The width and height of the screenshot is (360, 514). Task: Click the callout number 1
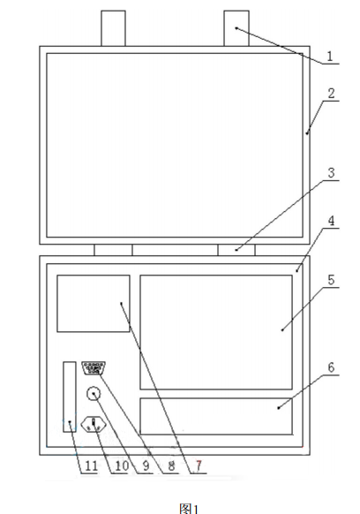click(x=330, y=56)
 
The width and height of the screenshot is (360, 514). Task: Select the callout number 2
click(x=331, y=94)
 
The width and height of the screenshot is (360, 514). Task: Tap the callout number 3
click(x=331, y=172)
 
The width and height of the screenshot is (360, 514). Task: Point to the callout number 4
click(x=331, y=221)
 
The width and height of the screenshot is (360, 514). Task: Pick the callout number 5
click(x=331, y=280)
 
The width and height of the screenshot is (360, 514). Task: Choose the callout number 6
click(x=331, y=367)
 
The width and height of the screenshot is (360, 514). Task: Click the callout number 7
click(x=199, y=465)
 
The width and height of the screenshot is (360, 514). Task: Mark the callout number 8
click(x=171, y=465)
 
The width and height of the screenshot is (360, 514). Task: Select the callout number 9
click(x=146, y=465)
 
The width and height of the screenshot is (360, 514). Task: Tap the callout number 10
click(x=122, y=465)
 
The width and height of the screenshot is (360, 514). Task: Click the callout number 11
click(x=92, y=465)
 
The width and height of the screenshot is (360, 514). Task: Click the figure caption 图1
click(x=189, y=509)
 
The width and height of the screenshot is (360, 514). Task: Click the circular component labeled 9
click(x=94, y=393)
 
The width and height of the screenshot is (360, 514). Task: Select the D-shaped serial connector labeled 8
click(x=94, y=367)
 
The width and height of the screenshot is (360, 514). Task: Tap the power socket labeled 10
click(x=94, y=424)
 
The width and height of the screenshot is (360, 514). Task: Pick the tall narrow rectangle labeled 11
click(x=70, y=397)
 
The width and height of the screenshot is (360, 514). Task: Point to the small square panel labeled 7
click(x=94, y=304)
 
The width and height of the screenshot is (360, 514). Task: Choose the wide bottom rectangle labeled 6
click(x=216, y=416)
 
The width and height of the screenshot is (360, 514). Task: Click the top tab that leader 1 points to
click(x=236, y=28)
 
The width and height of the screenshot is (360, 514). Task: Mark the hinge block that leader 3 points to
click(x=236, y=250)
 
